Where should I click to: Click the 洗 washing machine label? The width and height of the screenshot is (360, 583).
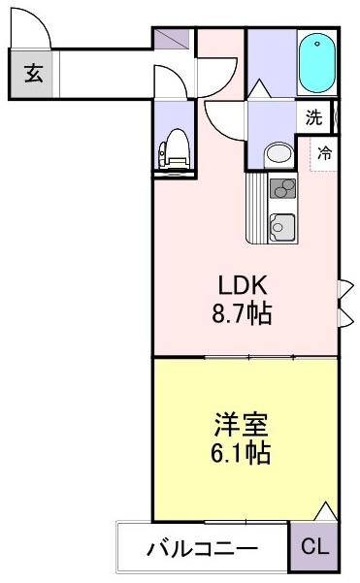(312, 118)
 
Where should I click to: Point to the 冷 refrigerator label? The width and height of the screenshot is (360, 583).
(325, 152)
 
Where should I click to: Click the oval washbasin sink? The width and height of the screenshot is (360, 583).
(278, 153)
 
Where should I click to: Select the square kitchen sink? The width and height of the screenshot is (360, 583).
(281, 226)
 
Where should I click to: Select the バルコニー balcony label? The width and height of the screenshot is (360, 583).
(203, 549)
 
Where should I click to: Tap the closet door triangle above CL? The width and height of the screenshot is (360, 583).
(325, 511)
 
